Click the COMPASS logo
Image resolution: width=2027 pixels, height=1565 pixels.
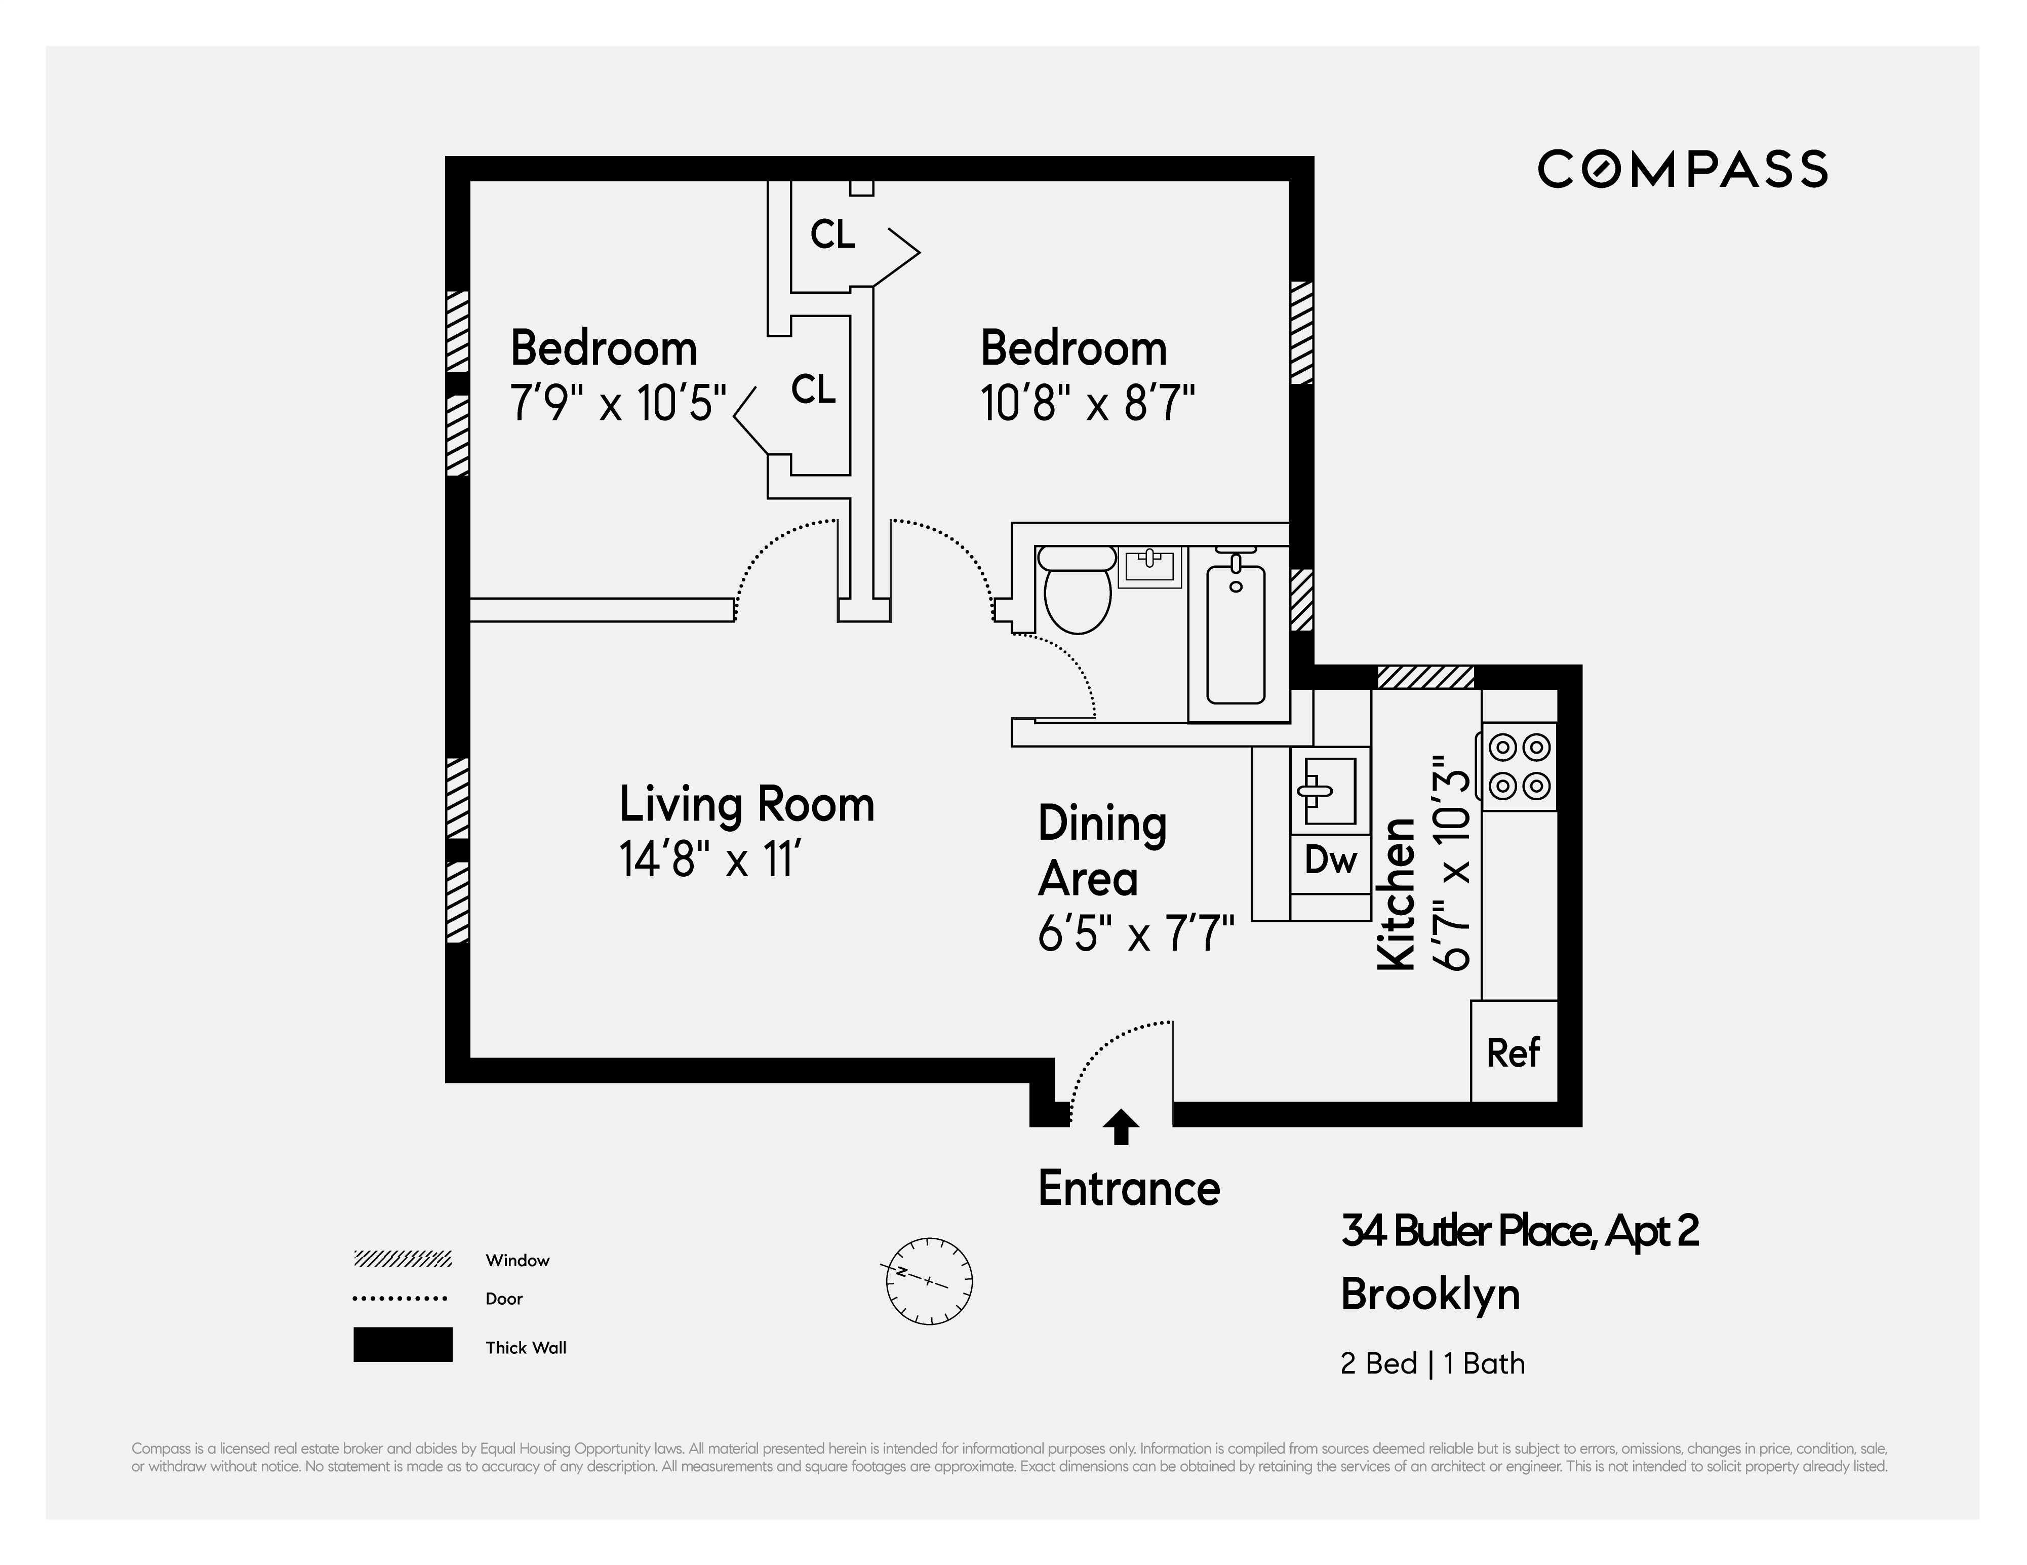(1682, 169)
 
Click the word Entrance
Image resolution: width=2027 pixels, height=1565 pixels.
(1129, 1188)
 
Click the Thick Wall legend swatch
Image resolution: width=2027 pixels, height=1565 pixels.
(403, 1344)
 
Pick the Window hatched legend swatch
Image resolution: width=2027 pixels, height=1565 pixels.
(403, 1259)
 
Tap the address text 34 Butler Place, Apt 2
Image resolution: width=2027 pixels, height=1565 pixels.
(1519, 1231)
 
